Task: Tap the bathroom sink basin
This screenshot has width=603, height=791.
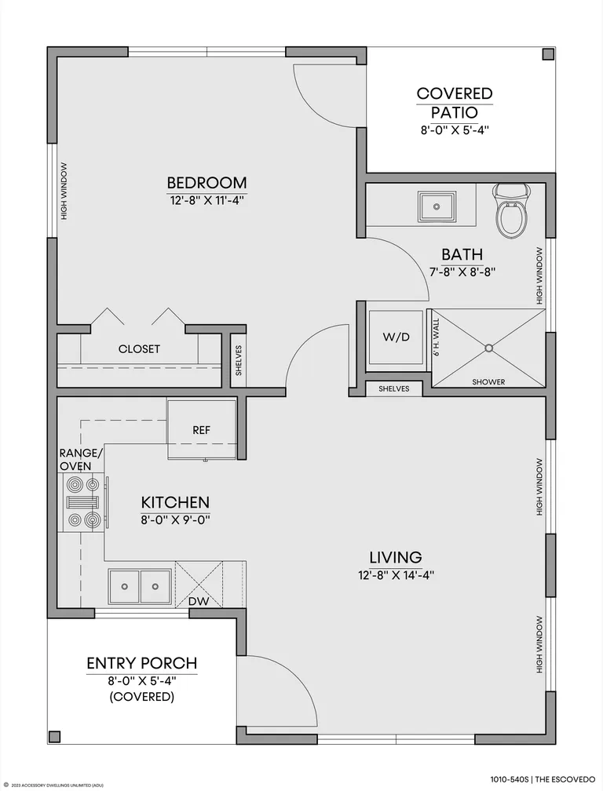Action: click(x=437, y=206)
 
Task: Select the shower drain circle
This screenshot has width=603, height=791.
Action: click(x=488, y=348)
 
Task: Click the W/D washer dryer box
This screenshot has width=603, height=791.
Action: click(x=397, y=337)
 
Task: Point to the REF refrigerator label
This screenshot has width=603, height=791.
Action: click(x=201, y=430)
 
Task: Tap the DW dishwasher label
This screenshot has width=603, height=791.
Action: click(x=199, y=601)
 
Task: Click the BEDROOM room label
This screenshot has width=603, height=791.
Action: click(x=206, y=182)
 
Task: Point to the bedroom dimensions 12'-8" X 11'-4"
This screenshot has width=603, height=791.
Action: click(x=206, y=200)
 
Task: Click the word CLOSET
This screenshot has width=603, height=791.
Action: click(x=139, y=349)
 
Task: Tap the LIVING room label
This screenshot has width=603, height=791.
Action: click(x=396, y=557)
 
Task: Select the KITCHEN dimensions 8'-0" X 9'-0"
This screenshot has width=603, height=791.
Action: click(x=175, y=519)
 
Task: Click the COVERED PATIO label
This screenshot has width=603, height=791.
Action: click(x=455, y=102)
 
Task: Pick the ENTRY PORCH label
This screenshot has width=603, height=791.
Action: click(x=142, y=663)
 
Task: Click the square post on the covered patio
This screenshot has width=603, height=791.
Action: click(x=547, y=54)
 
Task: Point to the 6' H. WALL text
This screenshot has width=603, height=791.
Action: click(x=437, y=337)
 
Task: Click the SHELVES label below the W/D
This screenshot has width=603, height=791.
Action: click(x=393, y=389)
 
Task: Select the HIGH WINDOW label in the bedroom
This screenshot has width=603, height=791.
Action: click(x=64, y=191)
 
